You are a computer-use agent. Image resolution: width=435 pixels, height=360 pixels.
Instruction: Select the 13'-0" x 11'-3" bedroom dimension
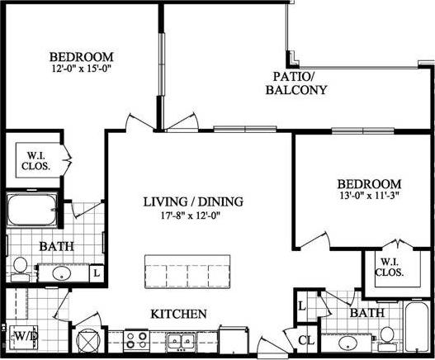(368, 197)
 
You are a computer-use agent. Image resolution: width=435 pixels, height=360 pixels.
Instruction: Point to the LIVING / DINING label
(193, 201)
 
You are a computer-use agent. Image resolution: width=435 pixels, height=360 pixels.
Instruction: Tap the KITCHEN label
(177, 314)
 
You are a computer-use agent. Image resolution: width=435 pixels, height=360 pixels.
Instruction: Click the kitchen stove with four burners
(136, 339)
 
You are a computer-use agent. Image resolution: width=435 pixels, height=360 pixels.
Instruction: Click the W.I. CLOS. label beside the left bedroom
(37, 160)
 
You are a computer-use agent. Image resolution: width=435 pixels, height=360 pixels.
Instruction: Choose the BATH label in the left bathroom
(56, 246)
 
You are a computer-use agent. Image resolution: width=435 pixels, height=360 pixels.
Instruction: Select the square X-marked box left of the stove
(86, 342)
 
